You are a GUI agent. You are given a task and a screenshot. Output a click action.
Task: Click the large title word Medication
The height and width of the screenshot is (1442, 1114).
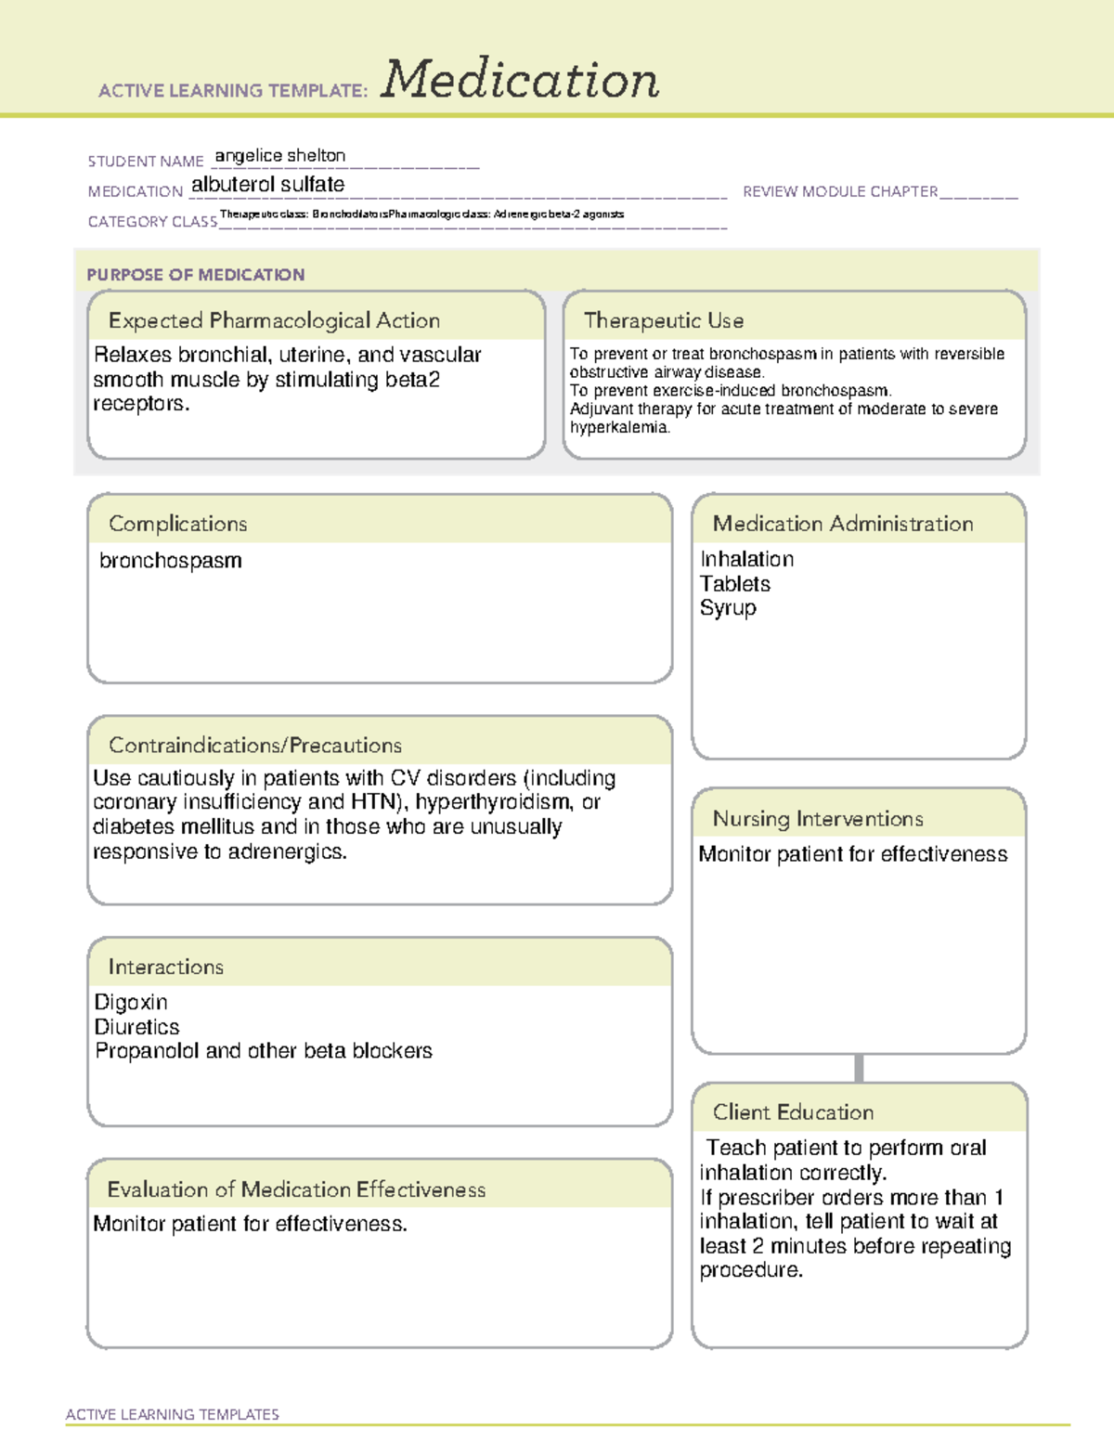(x=520, y=80)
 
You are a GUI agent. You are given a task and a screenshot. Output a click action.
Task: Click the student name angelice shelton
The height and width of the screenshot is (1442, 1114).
(x=280, y=156)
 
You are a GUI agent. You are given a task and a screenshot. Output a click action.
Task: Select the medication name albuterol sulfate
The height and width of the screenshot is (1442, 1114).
(x=267, y=185)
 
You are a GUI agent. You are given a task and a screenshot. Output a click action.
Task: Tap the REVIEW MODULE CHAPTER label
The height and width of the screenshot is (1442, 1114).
(x=840, y=192)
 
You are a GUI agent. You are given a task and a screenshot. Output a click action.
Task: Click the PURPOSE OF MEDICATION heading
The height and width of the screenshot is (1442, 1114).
(x=196, y=275)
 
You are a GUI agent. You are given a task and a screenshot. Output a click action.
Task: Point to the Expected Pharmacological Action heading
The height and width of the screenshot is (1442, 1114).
(x=274, y=321)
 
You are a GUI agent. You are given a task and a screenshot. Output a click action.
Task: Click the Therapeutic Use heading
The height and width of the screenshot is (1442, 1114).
(x=664, y=321)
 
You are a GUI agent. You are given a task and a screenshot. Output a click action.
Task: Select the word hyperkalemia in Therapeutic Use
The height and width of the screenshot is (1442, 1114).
(x=618, y=428)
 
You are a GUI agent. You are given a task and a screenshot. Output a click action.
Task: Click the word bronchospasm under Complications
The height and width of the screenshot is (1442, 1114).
(x=171, y=561)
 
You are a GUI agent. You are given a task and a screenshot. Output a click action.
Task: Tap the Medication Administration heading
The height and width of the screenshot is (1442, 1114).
(x=843, y=525)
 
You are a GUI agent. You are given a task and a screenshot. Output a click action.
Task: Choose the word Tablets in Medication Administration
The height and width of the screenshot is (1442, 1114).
(x=735, y=584)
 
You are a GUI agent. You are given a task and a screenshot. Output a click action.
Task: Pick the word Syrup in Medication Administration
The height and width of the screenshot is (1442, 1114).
(x=728, y=608)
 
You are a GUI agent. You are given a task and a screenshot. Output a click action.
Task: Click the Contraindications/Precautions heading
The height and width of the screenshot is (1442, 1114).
(x=255, y=746)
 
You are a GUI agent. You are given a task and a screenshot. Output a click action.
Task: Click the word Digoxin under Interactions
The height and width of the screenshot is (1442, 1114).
(x=131, y=1003)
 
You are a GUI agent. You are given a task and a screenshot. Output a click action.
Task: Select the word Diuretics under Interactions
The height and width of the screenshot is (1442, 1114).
(x=137, y=1027)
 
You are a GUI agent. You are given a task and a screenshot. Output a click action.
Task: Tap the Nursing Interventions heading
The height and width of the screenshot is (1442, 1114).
(x=818, y=819)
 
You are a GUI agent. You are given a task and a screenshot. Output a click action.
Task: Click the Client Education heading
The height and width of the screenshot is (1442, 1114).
(x=793, y=1112)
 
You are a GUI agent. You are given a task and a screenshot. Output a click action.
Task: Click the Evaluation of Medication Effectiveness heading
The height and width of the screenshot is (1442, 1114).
(x=296, y=1190)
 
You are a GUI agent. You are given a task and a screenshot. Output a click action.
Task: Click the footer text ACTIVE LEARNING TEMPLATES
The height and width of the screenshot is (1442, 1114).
(x=173, y=1414)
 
